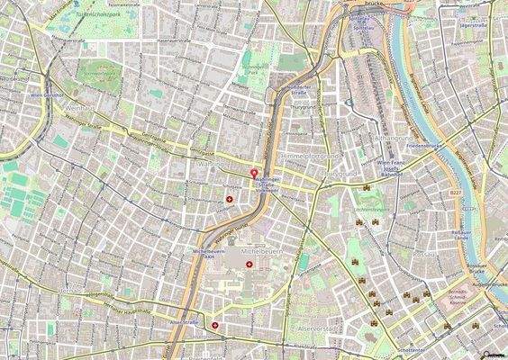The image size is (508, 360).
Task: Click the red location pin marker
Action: (253, 172)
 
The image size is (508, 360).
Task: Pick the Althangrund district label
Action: (390, 138)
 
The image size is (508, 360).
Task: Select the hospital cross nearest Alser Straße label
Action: (214, 325)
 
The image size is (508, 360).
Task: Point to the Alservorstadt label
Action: (315, 328)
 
